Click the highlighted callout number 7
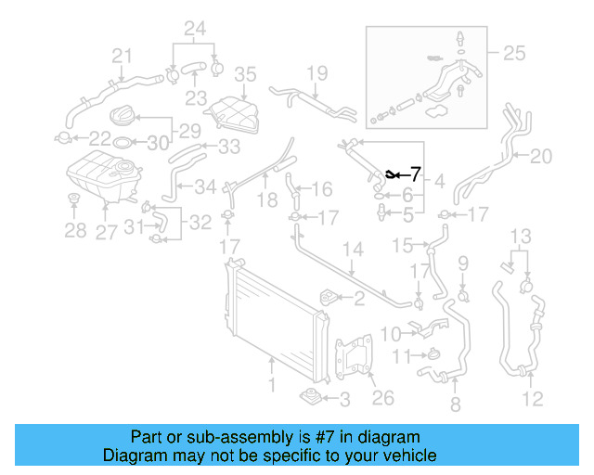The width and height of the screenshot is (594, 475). (415, 173)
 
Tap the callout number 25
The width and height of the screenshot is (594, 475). (512, 53)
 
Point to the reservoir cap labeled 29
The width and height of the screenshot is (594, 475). (122, 118)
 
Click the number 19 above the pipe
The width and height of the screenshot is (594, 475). (317, 72)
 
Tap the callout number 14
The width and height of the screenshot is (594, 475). (353, 249)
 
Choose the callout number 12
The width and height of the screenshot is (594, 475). (533, 400)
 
